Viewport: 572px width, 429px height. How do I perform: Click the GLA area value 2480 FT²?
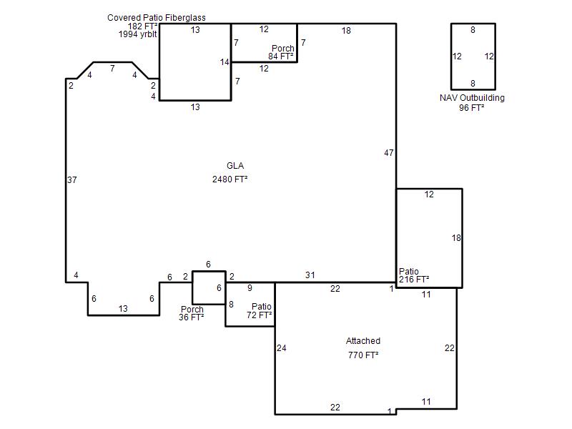(230, 179)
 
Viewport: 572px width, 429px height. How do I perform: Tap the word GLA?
(235, 166)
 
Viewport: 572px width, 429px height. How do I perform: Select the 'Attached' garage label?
(363, 341)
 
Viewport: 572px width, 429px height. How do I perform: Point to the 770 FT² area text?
(363, 355)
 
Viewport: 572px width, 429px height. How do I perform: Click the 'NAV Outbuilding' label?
(472, 98)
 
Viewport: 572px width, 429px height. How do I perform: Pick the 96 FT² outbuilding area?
(472, 108)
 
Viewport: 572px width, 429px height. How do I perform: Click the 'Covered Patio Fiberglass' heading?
(157, 17)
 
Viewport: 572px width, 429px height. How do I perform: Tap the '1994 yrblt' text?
(137, 34)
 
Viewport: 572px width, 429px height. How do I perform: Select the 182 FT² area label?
(142, 26)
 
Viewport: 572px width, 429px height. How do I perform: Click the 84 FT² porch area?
(281, 56)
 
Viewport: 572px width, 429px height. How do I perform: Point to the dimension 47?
(389, 153)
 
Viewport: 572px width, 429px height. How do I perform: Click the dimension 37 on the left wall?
(72, 180)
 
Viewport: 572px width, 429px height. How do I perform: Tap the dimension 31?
(310, 275)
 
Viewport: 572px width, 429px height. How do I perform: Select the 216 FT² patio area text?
(414, 280)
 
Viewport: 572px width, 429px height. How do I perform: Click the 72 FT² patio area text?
(260, 315)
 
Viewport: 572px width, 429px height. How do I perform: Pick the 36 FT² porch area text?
(191, 317)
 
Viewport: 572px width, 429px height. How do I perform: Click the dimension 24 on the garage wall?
(281, 348)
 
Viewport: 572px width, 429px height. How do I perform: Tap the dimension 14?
(225, 62)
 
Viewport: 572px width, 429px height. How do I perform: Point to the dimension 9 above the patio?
(250, 288)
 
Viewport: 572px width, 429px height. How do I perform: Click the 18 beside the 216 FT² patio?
(456, 238)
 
